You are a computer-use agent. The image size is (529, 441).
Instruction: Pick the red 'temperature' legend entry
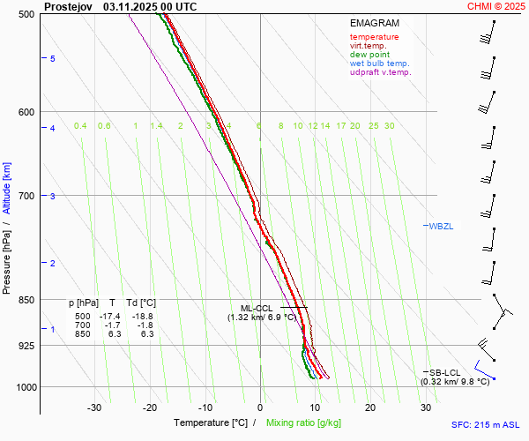pyautogui.click(x=374, y=37)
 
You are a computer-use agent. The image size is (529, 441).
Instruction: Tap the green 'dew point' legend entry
pyautogui.click(x=370, y=55)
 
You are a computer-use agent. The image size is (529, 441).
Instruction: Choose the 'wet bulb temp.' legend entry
pyautogui.click(x=379, y=64)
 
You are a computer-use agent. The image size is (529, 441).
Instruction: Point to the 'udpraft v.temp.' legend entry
pyautogui.click(x=380, y=72)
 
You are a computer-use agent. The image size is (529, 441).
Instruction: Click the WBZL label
pyautogui.click(x=440, y=227)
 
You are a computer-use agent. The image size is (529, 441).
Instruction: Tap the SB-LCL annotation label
pyautogui.click(x=445, y=372)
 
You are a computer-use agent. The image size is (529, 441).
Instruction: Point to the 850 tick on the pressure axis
pyautogui.click(x=26, y=300)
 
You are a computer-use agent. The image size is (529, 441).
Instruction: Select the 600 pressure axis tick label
pyautogui.click(x=26, y=112)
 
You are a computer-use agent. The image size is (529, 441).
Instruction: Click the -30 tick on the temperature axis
pyautogui.click(x=94, y=407)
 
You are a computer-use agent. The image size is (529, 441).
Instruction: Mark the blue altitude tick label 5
pyautogui.click(x=52, y=58)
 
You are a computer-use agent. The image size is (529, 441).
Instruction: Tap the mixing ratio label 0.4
pyautogui.click(x=80, y=126)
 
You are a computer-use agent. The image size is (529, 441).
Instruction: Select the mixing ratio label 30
pyautogui.click(x=389, y=126)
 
